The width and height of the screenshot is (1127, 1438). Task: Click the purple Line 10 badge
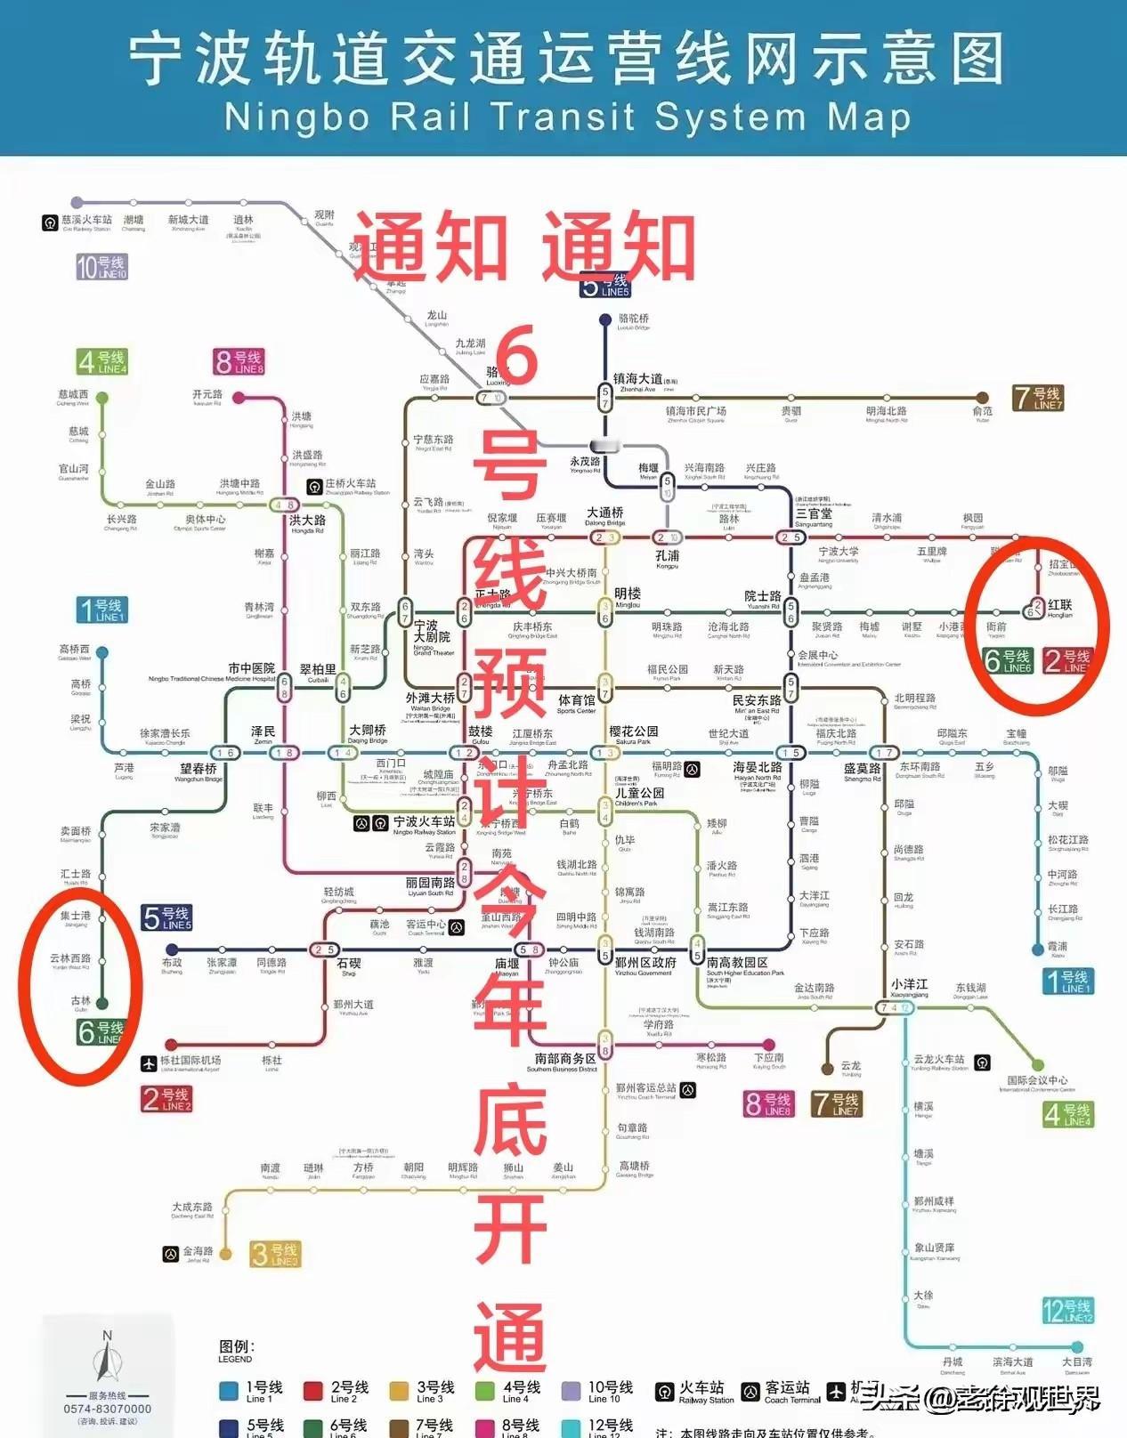click(101, 266)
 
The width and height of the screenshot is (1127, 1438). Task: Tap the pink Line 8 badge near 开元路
click(239, 362)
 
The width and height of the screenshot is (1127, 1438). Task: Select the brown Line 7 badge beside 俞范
click(1038, 397)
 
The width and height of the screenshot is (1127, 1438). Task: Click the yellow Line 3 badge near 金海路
click(275, 1254)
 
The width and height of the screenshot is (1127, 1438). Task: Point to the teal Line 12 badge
click(1067, 1310)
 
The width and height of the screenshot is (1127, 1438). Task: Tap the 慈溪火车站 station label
click(86, 220)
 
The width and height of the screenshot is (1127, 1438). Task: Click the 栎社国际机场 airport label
click(190, 1061)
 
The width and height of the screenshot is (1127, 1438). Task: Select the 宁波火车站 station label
click(424, 822)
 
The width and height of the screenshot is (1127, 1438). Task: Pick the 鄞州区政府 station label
click(645, 963)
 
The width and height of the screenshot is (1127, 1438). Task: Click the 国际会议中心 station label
click(1037, 1080)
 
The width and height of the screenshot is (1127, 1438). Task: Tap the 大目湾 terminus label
click(1076, 1361)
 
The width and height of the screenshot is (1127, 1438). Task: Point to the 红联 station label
click(1059, 605)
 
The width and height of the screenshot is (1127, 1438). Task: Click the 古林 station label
click(80, 1001)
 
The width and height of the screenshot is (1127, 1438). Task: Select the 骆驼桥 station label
click(633, 319)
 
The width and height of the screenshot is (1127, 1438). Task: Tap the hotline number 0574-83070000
click(107, 1409)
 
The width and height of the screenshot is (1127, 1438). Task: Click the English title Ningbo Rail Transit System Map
click(567, 117)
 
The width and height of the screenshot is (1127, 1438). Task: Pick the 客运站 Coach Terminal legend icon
click(750, 1391)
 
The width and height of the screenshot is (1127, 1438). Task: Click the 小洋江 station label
click(909, 984)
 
